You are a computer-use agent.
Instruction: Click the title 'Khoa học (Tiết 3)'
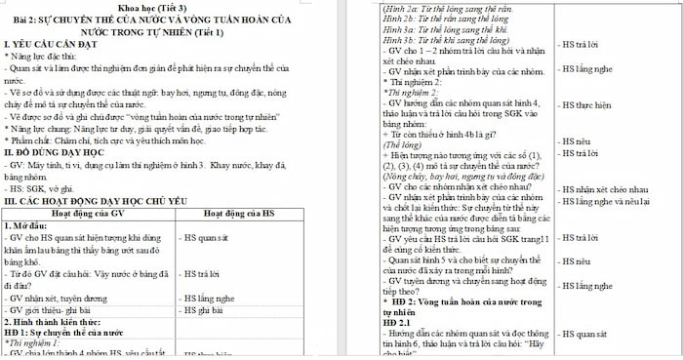[x=167, y=8]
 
